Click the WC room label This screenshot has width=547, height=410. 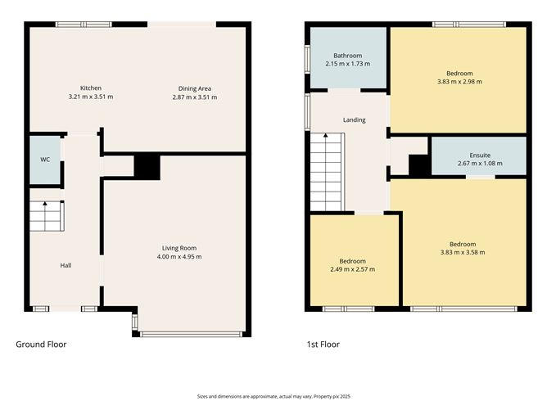[45, 160]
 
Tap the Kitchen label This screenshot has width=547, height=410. [91, 88]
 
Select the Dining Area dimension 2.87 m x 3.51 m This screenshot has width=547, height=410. [195, 97]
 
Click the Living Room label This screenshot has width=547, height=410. [179, 248]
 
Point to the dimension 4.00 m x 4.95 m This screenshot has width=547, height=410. [179, 257]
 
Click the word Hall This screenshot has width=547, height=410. [66, 265]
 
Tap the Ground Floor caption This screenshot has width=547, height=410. [41, 345]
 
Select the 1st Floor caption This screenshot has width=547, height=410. [323, 345]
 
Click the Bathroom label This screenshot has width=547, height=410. [348, 56]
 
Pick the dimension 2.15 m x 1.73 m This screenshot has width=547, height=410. [348, 64]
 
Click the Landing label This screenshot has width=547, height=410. [354, 120]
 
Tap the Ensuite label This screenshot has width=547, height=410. [480, 155]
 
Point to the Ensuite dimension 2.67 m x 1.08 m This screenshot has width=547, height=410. [480, 164]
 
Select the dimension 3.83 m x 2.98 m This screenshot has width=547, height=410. [459, 82]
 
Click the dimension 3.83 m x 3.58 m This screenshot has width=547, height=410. [463, 252]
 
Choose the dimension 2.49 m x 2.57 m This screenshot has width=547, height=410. [353, 269]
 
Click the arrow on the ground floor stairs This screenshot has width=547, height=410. [45, 216]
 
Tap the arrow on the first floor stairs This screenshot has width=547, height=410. [325, 172]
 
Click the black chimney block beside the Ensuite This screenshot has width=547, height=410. [420, 165]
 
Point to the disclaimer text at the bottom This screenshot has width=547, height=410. [273, 396]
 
